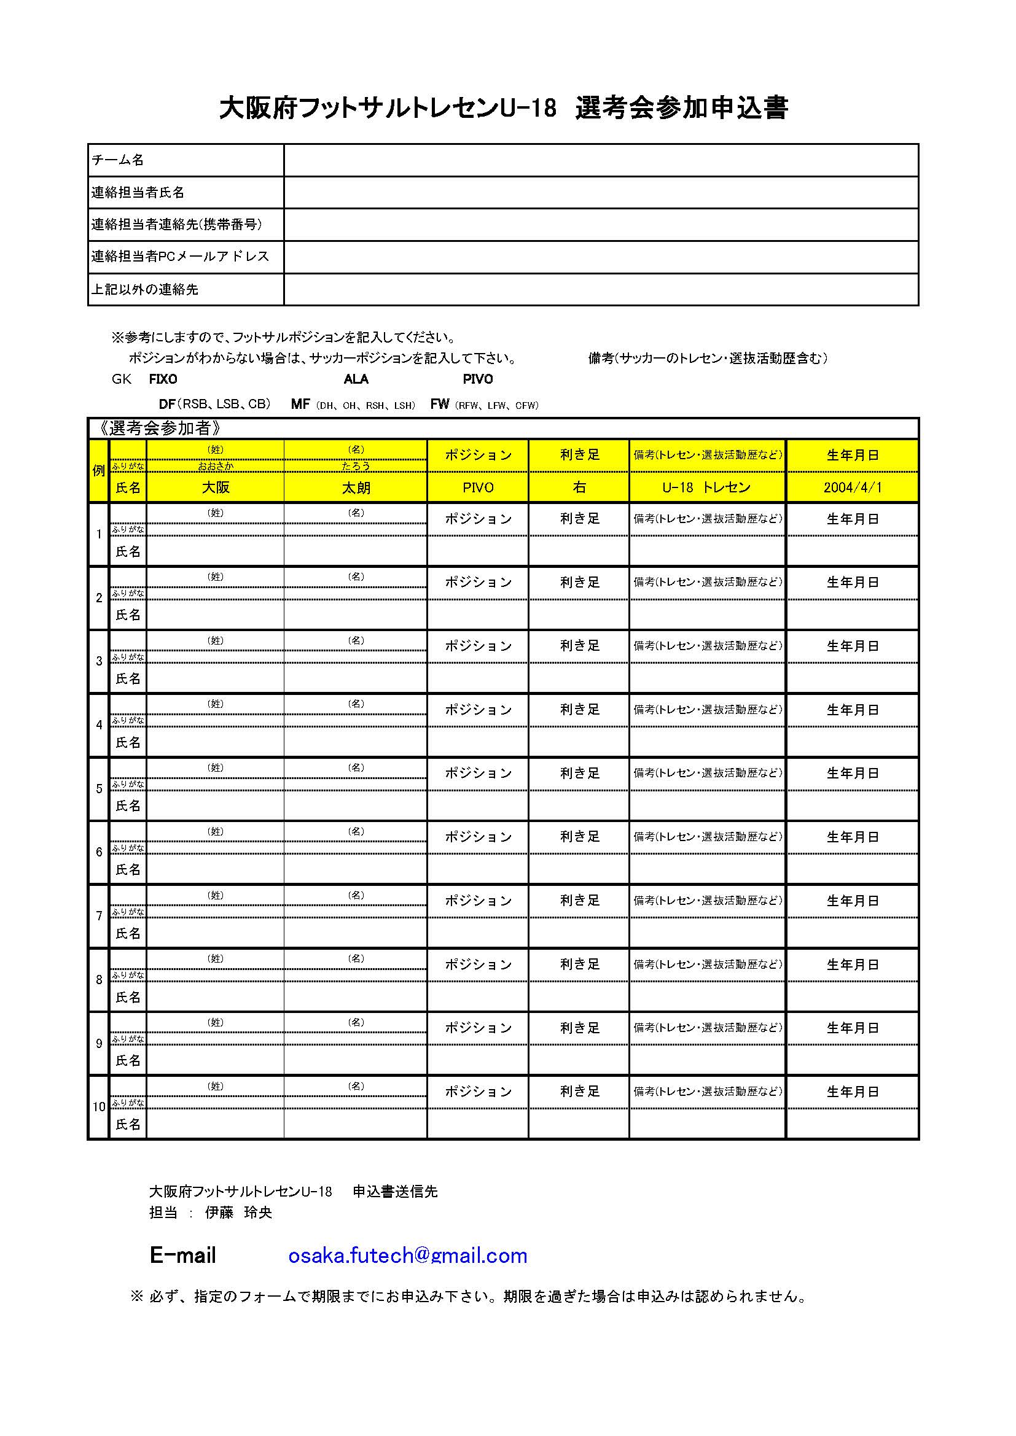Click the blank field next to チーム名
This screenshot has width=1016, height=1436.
601,160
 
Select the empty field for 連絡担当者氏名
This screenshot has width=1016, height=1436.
601,193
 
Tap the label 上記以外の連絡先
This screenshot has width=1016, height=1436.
144,290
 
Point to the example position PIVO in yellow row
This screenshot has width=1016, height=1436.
478,488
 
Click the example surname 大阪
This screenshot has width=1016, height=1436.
215,488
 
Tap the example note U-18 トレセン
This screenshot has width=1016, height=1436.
706,488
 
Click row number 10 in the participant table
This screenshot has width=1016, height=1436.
99,1107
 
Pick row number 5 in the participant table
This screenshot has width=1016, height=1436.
99,790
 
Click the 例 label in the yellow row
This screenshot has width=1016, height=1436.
99,471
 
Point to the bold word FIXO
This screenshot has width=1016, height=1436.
163,379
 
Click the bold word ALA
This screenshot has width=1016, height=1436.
356,379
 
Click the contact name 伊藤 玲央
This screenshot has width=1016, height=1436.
238,1213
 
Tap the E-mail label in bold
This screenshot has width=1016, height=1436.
182,1256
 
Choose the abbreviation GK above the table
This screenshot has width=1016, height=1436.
122,379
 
